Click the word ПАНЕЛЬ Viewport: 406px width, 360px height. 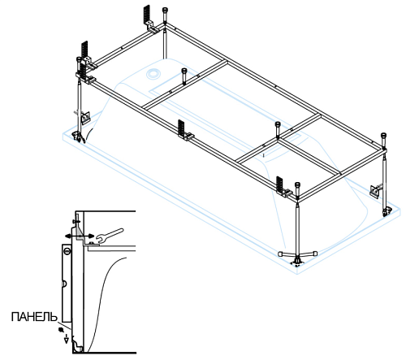click(34, 317)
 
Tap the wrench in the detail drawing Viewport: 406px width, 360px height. click(110, 236)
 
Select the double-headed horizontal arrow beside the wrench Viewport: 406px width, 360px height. click(80, 236)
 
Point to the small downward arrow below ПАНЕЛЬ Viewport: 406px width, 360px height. click(66, 339)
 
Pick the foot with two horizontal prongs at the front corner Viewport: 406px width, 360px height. click(297, 255)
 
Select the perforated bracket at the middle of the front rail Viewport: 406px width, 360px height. click(182, 130)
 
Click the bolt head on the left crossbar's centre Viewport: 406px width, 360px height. click(184, 71)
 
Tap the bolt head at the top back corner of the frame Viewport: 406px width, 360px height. click(165, 10)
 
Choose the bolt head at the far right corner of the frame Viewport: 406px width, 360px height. click(383, 135)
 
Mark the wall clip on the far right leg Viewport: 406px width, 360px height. click(375, 190)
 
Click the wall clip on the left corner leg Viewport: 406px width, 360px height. click(85, 117)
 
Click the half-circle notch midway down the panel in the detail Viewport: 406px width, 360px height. click(63, 284)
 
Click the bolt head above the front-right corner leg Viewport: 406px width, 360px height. click(297, 185)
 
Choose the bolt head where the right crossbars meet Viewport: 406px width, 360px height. click(278, 124)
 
